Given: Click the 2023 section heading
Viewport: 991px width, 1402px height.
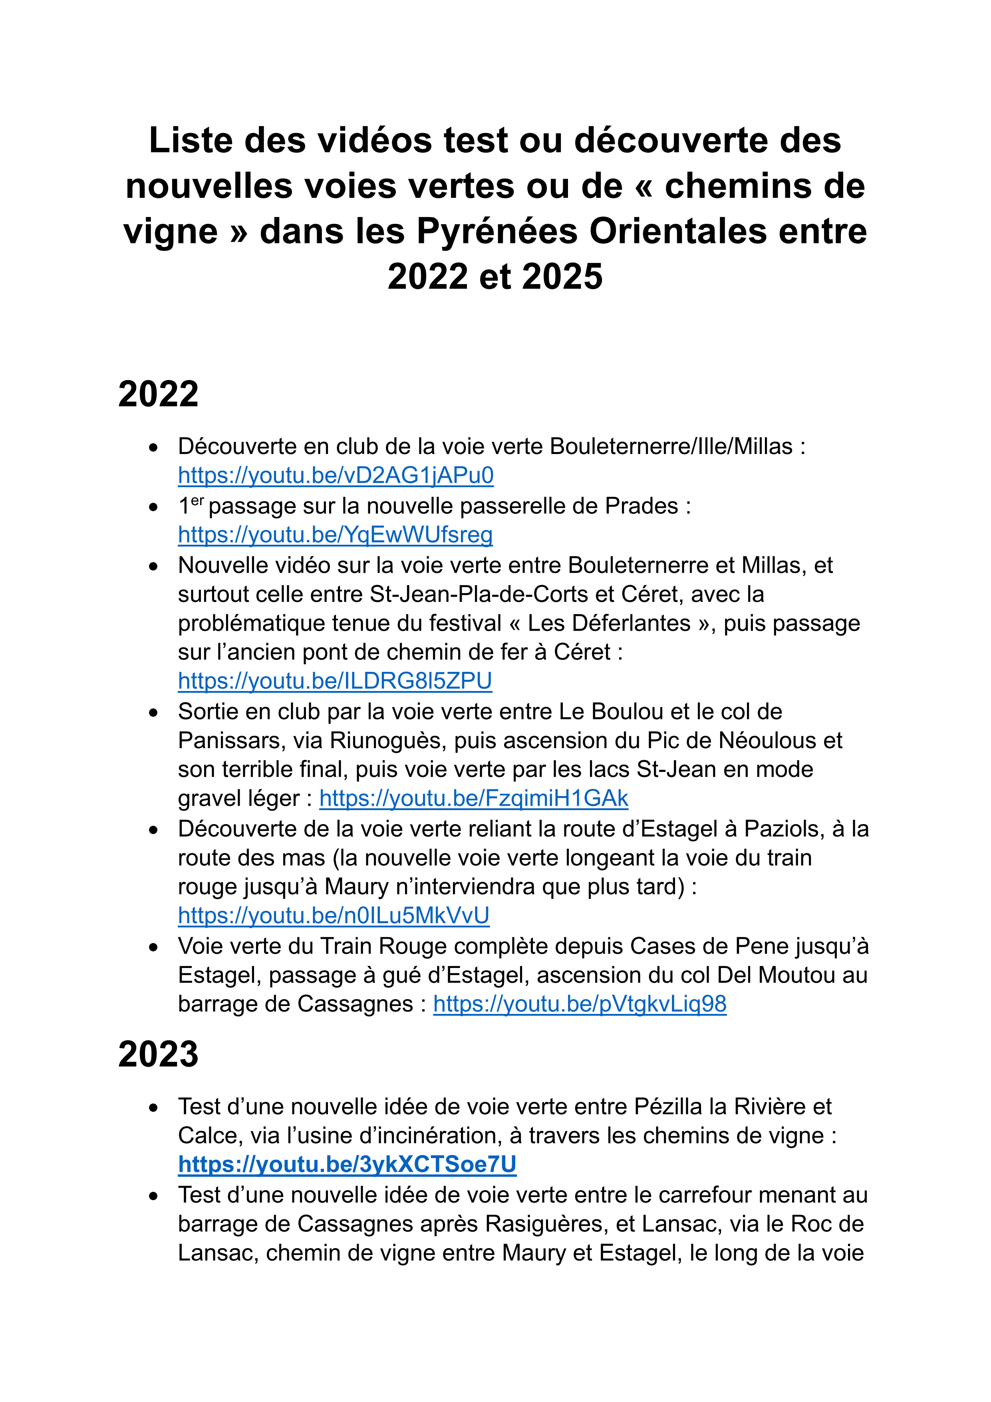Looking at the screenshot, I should (x=158, y=1054).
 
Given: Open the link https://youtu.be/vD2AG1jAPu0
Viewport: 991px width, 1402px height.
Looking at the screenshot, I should (x=336, y=475).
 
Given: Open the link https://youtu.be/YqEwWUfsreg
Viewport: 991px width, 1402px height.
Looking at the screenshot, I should (x=335, y=534).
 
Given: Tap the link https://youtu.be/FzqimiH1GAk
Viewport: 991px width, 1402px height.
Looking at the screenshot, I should (x=474, y=798).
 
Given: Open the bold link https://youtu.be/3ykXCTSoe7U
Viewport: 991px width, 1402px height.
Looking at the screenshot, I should (x=347, y=1165).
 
